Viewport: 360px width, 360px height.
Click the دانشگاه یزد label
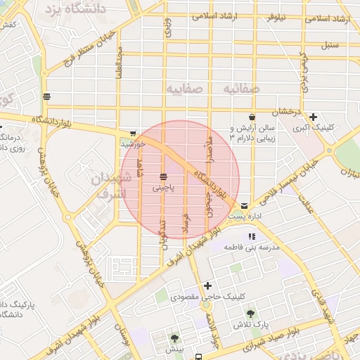point(75,9)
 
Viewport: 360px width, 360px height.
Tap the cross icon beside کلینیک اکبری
point(313,117)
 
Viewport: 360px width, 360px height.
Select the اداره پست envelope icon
point(243,205)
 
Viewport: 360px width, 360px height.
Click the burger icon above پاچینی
point(163,175)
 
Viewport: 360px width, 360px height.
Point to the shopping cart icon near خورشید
point(133,133)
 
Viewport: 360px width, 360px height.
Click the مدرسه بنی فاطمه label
point(252,248)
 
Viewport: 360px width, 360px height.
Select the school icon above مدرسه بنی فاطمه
point(252,236)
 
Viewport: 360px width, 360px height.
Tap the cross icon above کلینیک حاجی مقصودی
point(207,285)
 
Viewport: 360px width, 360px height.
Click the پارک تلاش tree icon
point(252,313)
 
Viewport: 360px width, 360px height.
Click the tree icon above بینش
point(175,337)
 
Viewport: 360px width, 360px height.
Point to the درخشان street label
point(288,112)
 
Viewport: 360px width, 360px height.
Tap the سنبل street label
point(330,45)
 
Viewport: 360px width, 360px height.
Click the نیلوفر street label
point(275,18)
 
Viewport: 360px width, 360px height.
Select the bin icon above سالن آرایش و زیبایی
point(252,117)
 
